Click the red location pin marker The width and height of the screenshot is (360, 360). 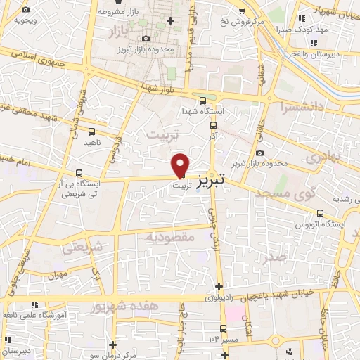pyautogui.click(x=181, y=165)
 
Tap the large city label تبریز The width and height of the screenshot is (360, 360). pyautogui.click(x=210, y=179)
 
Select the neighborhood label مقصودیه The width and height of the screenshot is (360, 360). pyautogui.click(x=169, y=238)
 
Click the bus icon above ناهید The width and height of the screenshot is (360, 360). pyautogui.click(x=93, y=131)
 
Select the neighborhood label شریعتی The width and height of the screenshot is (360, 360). pyautogui.click(x=82, y=247)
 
